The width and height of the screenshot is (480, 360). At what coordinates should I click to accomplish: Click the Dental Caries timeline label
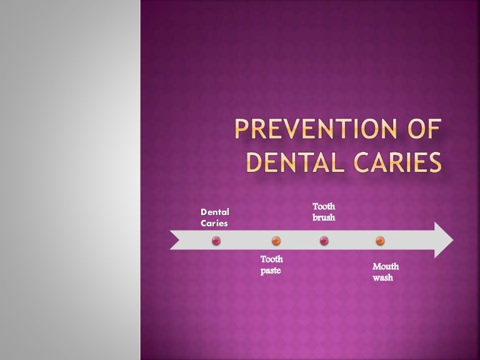[214, 217]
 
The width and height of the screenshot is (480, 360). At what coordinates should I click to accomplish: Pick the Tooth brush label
[324, 212]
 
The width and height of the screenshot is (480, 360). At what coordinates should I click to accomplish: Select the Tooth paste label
[272, 265]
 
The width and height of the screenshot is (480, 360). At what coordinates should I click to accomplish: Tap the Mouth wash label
[385, 272]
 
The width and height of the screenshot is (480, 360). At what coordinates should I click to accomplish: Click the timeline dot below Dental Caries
[216, 241]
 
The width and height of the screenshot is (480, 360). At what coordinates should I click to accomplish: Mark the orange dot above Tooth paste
[276, 241]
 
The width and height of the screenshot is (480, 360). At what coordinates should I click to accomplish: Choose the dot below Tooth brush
[324, 241]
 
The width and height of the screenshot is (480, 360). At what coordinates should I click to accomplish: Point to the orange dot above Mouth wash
[380, 241]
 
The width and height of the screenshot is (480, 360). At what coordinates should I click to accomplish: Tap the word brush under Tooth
[324, 218]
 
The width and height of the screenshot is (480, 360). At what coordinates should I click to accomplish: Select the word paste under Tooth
[271, 271]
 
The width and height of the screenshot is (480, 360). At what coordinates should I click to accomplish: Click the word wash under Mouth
[382, 277]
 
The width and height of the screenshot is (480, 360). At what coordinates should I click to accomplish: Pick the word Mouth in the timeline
[386, 267]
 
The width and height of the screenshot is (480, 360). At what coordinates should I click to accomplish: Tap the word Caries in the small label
[214, 223]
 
